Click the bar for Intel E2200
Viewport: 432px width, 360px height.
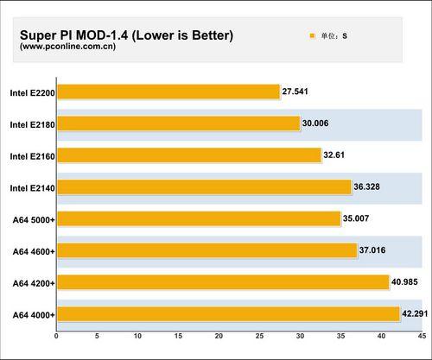pyautogui.click(x=168, y=92)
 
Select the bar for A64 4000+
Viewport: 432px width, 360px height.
pyautogui.click(x=228, y=314)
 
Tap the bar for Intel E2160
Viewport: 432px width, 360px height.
pyautogui.click(x=188, y=155)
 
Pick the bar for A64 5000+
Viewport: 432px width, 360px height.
pyautogui.click(x=199, y=219)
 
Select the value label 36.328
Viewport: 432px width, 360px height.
pyautogui.click(x=370, y=186)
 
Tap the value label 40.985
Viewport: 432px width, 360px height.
pyautogui.click(x=408, y=281)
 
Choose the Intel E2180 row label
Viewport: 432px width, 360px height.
pyautogui.click(x=31, y=124)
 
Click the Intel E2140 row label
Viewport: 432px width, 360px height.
pyautogui.click(x=31, y=187)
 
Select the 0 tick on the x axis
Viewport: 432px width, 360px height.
pyautogui.click(x=56, y=337)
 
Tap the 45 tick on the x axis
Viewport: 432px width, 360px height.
pyautogui.click(x=421, y=337)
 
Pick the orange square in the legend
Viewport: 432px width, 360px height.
pyautogui.click(x=312, y=36)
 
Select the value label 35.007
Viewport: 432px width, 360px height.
pyautogui.click(x=359, y=218)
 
